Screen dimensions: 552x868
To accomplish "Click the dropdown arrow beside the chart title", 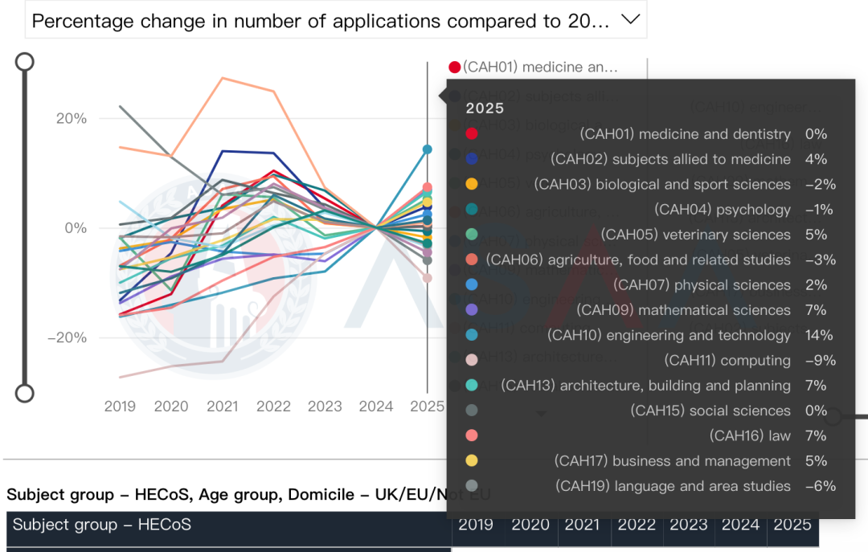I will coord(631,19).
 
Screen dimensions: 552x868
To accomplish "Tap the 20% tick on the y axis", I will coord(71,119).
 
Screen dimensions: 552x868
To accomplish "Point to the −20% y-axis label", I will coord(68,337).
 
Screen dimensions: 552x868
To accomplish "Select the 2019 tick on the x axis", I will coord(120,407).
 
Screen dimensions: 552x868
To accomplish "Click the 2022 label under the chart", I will coord(273,407).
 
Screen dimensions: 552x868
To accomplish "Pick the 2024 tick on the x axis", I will coord(376,407).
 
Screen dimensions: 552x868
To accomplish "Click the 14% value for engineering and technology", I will coord(819,335).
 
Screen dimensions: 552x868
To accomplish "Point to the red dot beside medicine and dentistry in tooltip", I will coord(472,134).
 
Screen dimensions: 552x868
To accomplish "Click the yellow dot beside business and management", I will coord(472,461).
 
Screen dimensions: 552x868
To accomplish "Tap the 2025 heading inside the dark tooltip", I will coord(485,108).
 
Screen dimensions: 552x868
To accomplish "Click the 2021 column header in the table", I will coord(582,525).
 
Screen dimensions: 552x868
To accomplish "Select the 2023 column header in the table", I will coord(688,525).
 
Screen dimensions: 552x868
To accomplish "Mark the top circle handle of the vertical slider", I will coord(25,61).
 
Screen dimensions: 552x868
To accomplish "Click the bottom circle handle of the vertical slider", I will coord(25,393).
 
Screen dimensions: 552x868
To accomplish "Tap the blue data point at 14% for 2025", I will coord(428,149).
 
